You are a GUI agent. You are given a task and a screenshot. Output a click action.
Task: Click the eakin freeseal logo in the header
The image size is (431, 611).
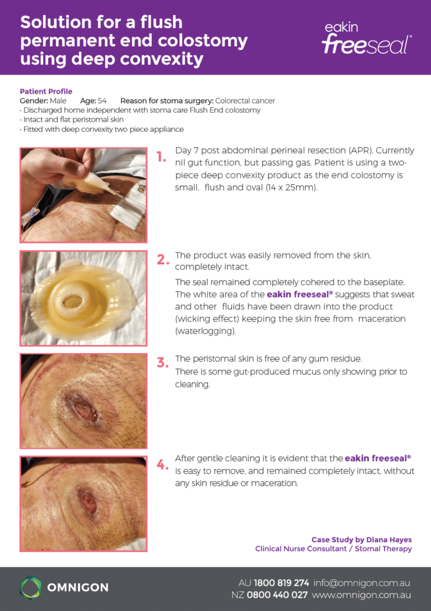(367, 38)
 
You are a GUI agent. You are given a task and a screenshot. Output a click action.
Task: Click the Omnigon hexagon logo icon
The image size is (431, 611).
(31, 588)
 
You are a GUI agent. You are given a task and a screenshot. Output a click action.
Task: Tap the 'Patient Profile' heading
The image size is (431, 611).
(46, 91)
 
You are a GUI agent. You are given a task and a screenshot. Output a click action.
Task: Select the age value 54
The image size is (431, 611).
(102, 101)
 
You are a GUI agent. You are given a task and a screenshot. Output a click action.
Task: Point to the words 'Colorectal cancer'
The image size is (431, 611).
(245, 101)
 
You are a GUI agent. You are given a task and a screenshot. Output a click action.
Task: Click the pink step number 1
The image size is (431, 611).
(162, 157)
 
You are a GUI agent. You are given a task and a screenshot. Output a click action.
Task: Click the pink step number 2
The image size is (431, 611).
(163, 260)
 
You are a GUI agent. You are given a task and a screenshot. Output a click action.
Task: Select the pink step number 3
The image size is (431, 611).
(163, 363)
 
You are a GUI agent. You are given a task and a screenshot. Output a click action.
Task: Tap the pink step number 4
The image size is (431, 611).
(163, 464)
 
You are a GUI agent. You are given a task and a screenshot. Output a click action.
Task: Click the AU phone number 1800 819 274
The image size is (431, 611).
(281, 583)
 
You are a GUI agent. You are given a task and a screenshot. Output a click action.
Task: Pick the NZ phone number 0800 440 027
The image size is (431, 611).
(277, 595)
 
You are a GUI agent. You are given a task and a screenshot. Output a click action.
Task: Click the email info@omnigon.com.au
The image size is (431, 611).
(362, 583)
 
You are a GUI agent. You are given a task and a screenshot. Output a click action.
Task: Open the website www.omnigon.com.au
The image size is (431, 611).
(361, 595)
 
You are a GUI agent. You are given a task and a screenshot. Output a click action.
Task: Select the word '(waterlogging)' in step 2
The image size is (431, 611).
(205, 331)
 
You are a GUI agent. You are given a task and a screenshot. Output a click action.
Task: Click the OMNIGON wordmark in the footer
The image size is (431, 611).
(78, 588)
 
